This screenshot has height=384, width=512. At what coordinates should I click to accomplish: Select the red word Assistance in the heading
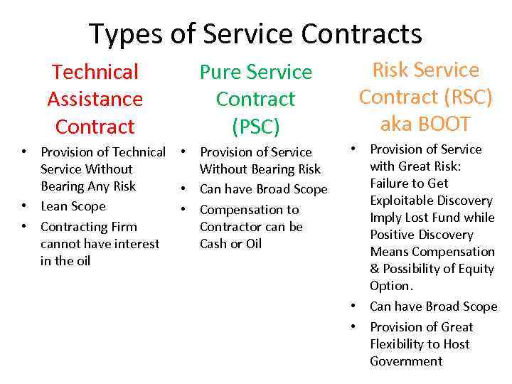click(x=95, y=99)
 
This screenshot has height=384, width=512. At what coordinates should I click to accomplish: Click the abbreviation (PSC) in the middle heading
click(x=255, y=126)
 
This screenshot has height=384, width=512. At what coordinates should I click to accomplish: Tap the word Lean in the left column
click(x=54, y=206)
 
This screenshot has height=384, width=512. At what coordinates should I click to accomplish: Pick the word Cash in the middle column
click(x=214, y=243)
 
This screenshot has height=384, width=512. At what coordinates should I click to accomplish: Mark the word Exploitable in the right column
click(x=401, y=201)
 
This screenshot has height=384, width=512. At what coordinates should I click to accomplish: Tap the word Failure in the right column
click(x=390, y=183)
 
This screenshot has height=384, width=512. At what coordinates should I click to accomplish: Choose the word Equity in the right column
click(x=477, y=269)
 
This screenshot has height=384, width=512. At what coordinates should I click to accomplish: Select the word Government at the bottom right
click(x=406, y=361)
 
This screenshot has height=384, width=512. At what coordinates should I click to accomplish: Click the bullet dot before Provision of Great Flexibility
click(x=353, y=327)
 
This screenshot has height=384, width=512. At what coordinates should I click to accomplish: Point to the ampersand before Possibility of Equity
click(x=375, y=269)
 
